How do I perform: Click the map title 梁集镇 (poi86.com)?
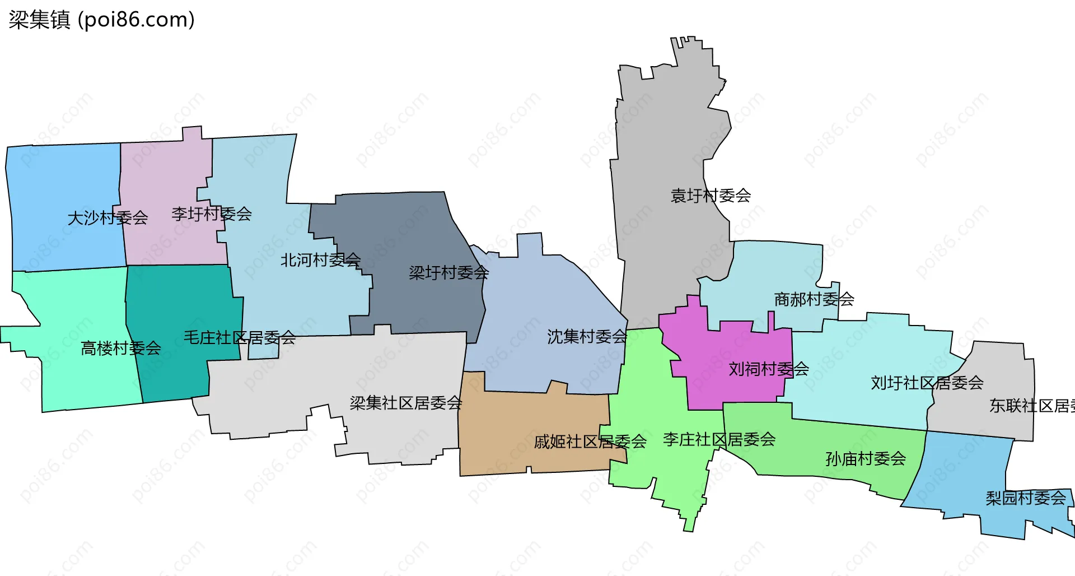(x=101, y=20)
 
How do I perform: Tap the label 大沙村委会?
(x=107, y=217)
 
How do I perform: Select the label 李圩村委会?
(x=212, y=213)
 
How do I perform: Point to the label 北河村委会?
(x=320, y=260)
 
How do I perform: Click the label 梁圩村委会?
(x=448, y=273)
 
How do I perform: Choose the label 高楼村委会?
(x=121, y=349)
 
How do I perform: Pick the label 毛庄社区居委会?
(x=240, y=337)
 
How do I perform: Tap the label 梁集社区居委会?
(x=406, y=403)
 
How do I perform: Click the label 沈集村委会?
(x=587, y=337)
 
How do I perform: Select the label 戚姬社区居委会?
(x=590, y=442)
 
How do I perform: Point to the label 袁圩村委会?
(x=711, y=196)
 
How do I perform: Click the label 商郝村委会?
(x=814, y=299)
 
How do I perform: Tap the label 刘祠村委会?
(x=769, y=369)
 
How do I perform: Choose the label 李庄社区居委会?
(x=719, y=439)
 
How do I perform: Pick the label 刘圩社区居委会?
(x=927, y=383)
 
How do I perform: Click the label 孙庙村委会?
(x=866, y=459)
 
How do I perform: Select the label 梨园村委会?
(x=1026, y=498)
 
